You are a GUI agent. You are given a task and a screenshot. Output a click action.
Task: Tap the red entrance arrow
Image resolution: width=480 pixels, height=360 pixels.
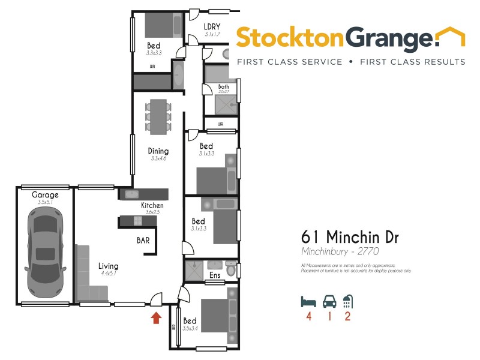pos(156,317)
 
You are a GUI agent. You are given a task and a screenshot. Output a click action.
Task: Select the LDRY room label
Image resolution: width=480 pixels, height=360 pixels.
pos(212,26)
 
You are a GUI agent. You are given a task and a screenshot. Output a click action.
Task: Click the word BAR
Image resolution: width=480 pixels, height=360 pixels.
pos(143,239)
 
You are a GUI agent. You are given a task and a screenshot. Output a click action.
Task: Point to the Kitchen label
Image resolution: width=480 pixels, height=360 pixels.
pos(152,206)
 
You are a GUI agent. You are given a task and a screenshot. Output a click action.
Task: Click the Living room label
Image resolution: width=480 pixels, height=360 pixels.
pos(108,266)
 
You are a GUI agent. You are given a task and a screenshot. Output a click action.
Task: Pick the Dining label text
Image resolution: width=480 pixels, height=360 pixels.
pos(158,151)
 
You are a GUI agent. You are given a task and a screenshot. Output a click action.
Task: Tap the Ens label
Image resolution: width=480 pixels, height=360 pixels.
pos(214,276)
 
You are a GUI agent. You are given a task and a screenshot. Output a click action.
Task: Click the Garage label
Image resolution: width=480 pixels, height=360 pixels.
pos(46,195)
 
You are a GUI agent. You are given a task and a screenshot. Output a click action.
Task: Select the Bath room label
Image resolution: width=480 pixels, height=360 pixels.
pos(223,87)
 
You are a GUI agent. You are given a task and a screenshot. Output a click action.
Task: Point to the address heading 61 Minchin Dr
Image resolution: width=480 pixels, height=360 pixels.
pos(349,237)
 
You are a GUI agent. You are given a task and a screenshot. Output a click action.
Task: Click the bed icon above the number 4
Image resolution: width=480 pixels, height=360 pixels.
pos(308,300)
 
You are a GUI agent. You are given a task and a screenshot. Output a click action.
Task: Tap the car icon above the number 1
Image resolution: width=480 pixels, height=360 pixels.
pos(328,300)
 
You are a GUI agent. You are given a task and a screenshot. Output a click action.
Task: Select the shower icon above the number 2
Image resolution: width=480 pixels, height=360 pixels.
pos(347,300)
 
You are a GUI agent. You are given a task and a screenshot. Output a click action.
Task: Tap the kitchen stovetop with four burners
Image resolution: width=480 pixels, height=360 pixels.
pos(137,220)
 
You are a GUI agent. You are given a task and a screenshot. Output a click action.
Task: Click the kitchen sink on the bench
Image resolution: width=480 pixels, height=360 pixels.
pos(132,194)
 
